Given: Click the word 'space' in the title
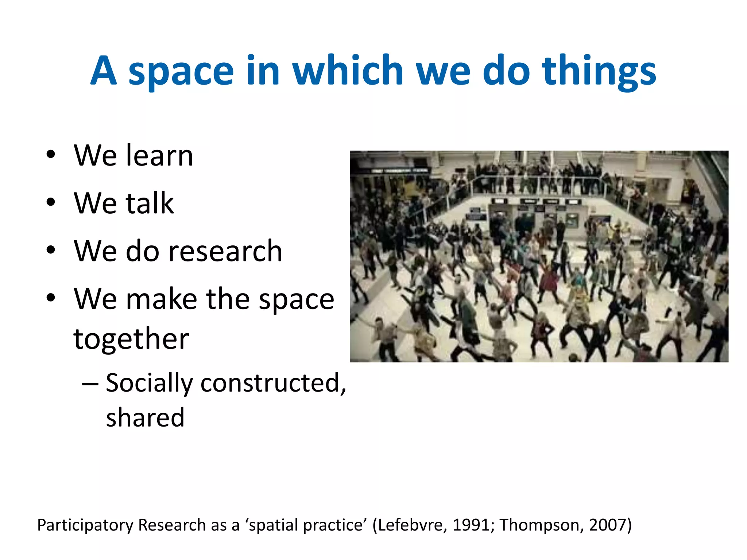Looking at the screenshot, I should [x=181, y=71].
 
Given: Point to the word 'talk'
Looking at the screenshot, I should [x=150, y=203].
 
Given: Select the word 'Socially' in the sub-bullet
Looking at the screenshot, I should [x=149, y=384].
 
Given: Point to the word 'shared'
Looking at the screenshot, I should [x=145, y=417].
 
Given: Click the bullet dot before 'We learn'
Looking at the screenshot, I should [x=51, y=155].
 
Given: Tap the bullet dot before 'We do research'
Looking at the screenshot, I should [x=51, y=250].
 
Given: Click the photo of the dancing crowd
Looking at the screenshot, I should [x=539, y=256].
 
